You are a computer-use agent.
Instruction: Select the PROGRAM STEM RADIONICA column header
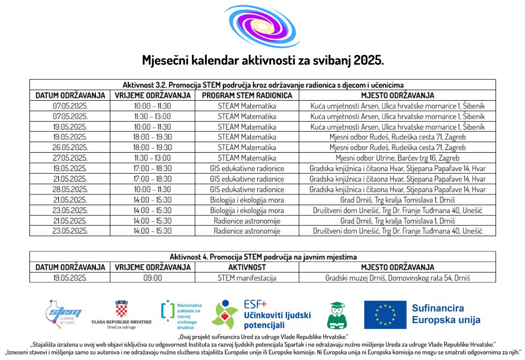click(247, 95)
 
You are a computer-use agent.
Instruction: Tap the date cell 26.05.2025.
click(70, 147)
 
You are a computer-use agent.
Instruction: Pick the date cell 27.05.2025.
click(70, 158)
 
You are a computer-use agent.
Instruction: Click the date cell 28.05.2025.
click(70, 189)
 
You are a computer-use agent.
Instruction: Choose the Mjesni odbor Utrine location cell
click(397, 158)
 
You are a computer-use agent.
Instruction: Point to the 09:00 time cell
click(153, 278)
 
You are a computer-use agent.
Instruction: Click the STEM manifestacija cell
click(247, 278)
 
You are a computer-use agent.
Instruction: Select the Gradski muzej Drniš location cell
click(397, 278)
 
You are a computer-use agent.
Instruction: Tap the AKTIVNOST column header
click(247, 267)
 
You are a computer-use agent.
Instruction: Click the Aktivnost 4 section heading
click(262, 257)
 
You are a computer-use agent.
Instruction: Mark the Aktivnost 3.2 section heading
click(262, 85)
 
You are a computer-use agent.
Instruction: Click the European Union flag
click(385, 315)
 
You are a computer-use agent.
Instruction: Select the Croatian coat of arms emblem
click(122, 309)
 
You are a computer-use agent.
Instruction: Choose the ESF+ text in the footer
click(255, 304)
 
